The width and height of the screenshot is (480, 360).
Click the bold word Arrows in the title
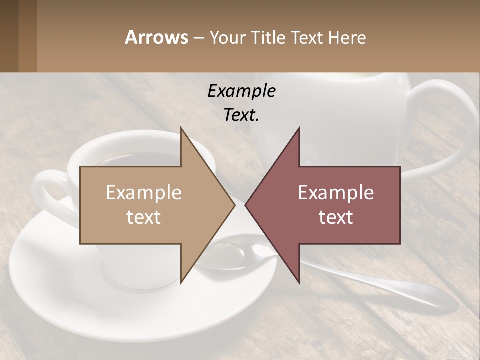click(156, 37)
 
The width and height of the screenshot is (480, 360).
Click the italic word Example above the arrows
click(241, 91)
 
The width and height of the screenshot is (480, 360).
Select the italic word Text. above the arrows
click(241, 115)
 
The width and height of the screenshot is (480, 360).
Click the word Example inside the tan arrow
click(144, 193)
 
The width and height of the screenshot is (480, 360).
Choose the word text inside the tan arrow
click(144, 217)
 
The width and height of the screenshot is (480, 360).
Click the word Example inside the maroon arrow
click(336, 193)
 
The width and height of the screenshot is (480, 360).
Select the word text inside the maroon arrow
click(336, 217)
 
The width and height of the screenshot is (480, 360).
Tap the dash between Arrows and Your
click(198, 38)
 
